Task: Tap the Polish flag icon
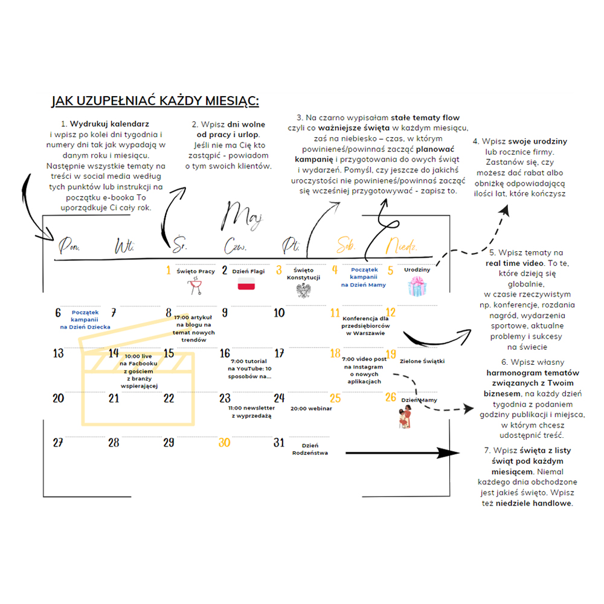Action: pos(248,285)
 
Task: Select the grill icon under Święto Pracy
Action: pos(195,286)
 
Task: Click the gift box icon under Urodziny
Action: pos(417,286)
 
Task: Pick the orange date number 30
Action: pos(225,443)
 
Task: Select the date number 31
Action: pos(278,443)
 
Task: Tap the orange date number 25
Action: pos(335,399)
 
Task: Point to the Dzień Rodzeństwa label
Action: pos(310,449)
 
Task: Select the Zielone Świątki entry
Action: pos(422,361)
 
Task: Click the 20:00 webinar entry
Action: pos(311,408)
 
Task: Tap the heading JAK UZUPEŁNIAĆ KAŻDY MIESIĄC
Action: pos(155,100)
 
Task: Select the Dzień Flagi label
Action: pos(248,271)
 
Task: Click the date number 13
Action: pos(59,353)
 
